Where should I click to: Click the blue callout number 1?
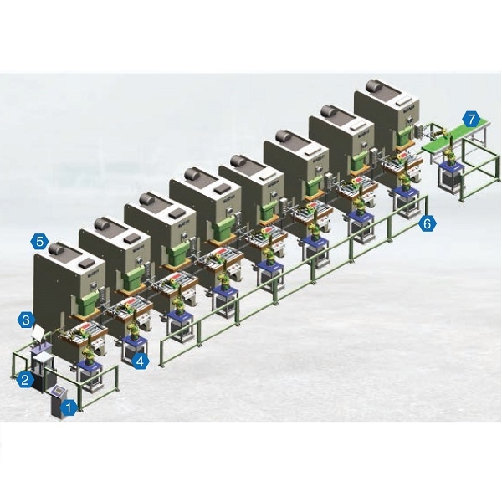click(68, 408)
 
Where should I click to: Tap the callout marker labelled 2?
click(25, 379)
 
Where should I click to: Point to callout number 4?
click(141, 361)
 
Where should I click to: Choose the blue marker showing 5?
click(39, 241)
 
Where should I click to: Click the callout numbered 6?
click(428, 223)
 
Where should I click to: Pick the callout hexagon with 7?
click(471, 120)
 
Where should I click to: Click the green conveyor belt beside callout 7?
click(454, 136)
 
